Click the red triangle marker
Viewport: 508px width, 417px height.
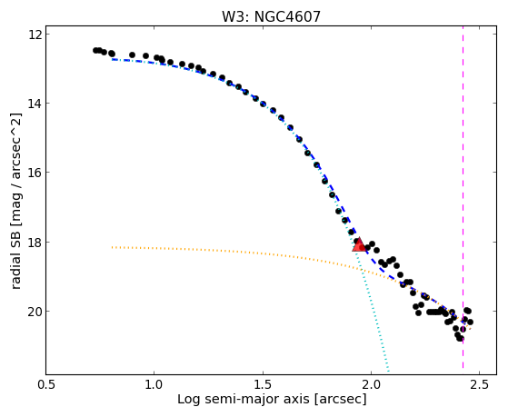[x=358, y=244]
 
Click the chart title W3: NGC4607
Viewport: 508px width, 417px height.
[x=271, y=17]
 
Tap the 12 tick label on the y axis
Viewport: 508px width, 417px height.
[x=36, y=34]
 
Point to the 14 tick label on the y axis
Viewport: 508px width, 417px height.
[x=36, y=104]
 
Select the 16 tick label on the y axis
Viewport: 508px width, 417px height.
[x=36, y=173]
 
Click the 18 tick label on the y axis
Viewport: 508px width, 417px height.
[x=36, y=242]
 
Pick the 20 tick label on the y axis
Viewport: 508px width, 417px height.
[x=36, y=311]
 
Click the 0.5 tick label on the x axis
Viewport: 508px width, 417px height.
[x=46, y=385]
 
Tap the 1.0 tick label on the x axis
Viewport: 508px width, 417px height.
[x=154, y=385]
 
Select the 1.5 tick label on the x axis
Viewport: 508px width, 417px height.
[x=263, y=385]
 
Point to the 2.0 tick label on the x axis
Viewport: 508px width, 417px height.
[x=371, y=385]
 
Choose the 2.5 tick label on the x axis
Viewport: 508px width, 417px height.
[x=479, y=385]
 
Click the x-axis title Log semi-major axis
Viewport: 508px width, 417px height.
[x=244, y=399]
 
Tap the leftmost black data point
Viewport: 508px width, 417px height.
[x=95, y=50]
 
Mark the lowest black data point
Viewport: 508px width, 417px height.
[x=461, y=339]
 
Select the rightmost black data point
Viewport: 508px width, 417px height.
[x=471, y=323]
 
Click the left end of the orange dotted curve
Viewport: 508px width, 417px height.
[x=112, y=247]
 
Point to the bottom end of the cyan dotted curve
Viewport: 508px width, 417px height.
[x=388, y=371]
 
